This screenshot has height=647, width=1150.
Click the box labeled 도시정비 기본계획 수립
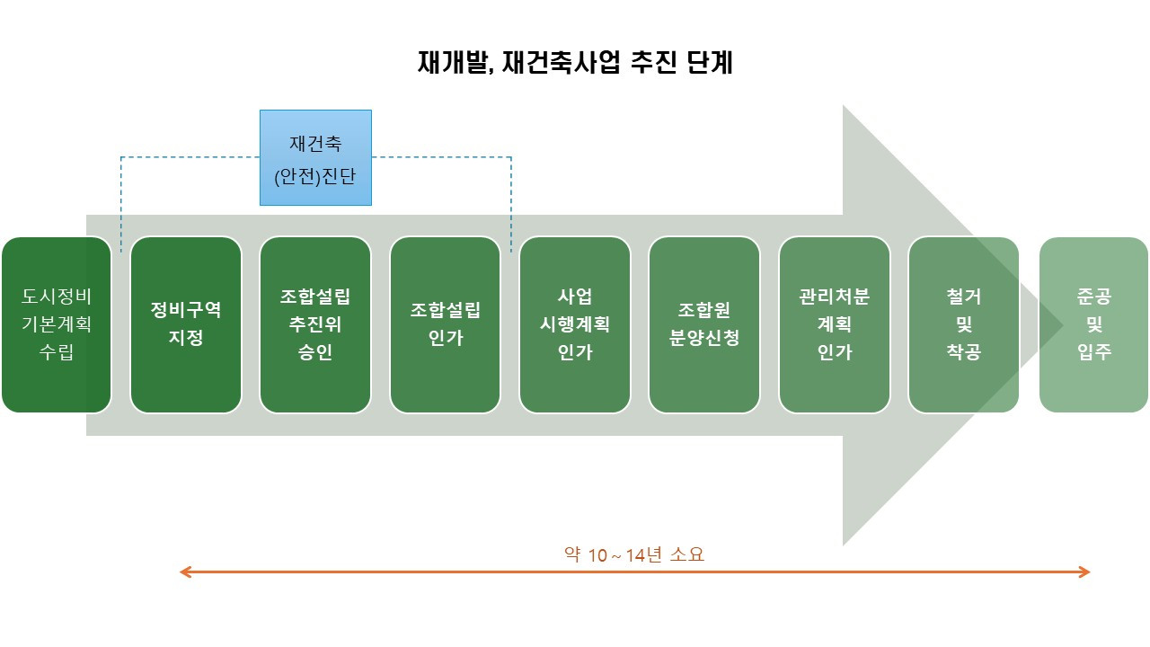(x=56, y=324)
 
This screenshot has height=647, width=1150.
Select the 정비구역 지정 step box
(x=186, y=324)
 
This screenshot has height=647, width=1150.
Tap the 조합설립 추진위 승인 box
(x=315, y=324)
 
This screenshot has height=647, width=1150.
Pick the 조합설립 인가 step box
(x=445, y=324)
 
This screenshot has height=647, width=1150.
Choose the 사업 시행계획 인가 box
(x=575, y=324)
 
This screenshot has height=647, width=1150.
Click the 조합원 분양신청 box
(x=704, y=324)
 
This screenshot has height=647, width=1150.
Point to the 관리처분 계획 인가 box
(x=835, y=324)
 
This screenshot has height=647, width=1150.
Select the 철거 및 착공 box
(x=963, y=324)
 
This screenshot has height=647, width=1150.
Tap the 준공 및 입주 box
(x=1093, y=324)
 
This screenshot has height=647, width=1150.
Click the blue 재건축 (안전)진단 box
(x=315, y=158)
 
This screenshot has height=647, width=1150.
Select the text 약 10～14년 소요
(x=634, y=554)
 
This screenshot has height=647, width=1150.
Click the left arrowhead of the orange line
(x=184, y=572)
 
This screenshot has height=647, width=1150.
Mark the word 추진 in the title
(x=651, y=63)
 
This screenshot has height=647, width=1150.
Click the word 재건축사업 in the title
(x=562, y=63)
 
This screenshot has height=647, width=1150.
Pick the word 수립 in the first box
(x=56, y=352)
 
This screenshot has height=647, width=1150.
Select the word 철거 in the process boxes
(x=963, y=296)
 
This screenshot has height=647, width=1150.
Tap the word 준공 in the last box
(x=1093, y=296)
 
